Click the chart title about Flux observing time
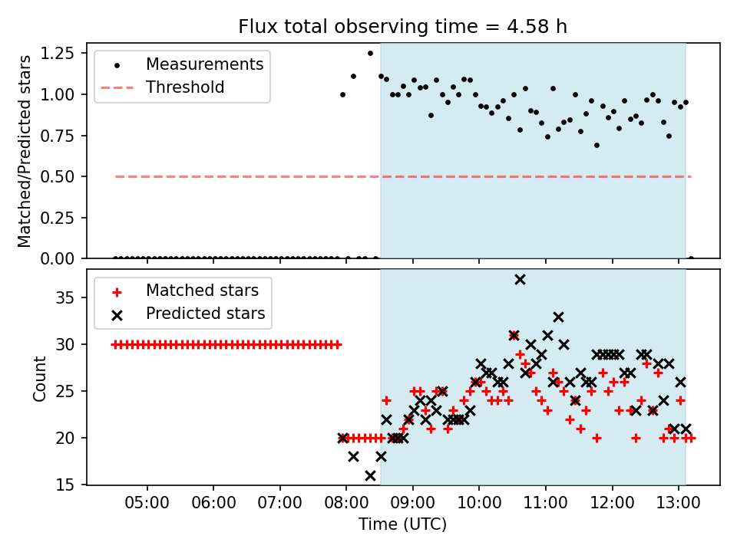point(402,27)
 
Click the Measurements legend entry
point(204,64)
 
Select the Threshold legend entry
point(185,87)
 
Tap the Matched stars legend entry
point(202,291)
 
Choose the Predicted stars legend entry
point(205,314)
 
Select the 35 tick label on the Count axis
point(69,297)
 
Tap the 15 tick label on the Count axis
point(69,485)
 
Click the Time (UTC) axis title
point(402,525)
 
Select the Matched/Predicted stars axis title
point(25,151)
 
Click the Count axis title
point(39,378)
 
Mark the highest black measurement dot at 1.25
point(370,54)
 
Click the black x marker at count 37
point(520,279)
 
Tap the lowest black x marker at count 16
point(370,475)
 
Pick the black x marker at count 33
point(558,317)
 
